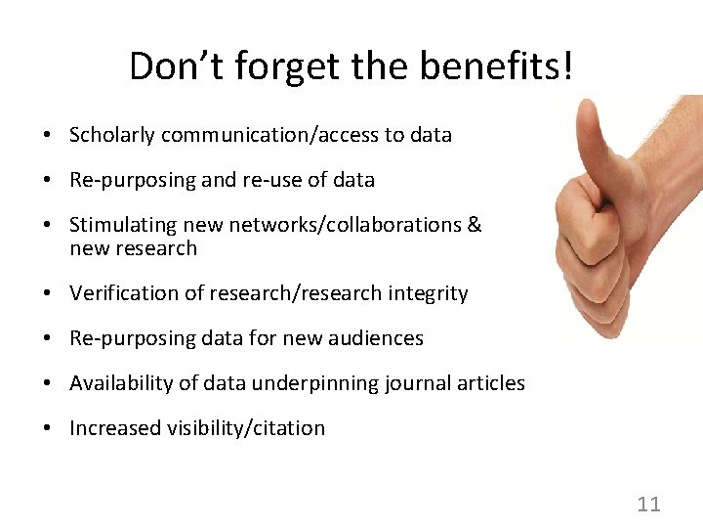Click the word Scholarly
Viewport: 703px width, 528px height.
click(111, 135)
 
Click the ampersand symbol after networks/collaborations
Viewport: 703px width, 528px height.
click(475, 225)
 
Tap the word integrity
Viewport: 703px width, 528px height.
click(427, 293)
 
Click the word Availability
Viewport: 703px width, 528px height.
click(118, 383)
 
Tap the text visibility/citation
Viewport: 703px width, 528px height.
click(241, 428)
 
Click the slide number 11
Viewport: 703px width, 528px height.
click(648, 505)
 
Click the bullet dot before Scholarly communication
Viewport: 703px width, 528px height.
click(47, 136)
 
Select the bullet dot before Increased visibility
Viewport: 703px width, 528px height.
click(47, 429)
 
